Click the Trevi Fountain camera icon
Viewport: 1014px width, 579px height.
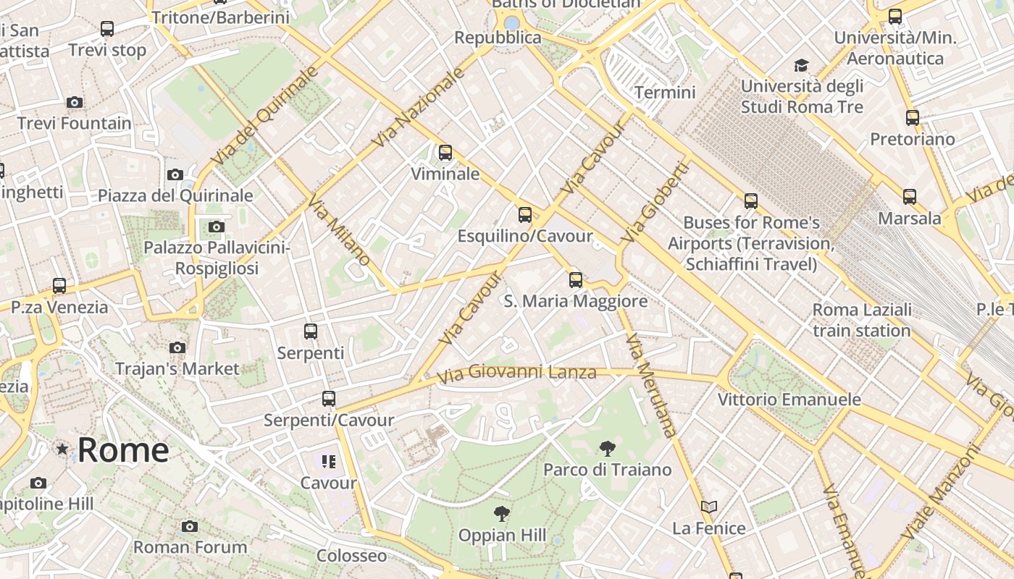click(74, 102)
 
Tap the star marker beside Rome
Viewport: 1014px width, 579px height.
click(63, 449)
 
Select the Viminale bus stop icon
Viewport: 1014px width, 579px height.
click(445, 153)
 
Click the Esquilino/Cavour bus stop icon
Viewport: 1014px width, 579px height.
click(525, 215)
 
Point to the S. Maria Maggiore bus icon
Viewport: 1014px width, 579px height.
click(576, 279)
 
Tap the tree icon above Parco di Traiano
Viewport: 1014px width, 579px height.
click(608, 449)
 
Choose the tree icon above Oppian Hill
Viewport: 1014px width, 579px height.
click(501, 515)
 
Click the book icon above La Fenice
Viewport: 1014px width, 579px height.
click(709, 507)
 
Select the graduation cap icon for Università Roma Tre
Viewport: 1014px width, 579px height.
click(801, 66)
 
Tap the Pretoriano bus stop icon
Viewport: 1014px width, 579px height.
click(913, 117)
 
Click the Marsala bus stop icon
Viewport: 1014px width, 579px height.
click(910, 196)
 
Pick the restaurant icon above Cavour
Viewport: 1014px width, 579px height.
click(329, 461)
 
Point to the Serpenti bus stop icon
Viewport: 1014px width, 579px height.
click(311, 331)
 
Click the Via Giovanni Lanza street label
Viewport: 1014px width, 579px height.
click(517, 373)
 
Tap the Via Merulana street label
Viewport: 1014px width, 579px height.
click(652, 386)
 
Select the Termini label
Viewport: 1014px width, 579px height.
click(665, 92)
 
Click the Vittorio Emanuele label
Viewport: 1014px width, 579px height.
click(789, 399)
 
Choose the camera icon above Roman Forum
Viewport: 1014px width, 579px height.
click(190, 526)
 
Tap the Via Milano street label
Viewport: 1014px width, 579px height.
click(339, 230)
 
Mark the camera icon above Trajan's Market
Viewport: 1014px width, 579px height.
click(177, 348)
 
